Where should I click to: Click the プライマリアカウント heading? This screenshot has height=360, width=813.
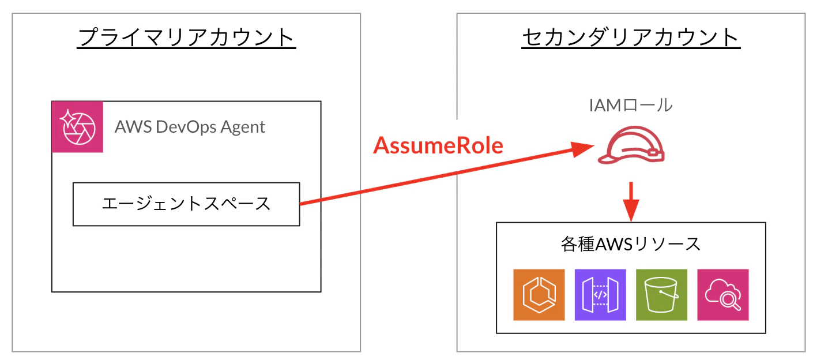(186, 37)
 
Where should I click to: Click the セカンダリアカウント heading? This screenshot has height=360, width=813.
(631, 37)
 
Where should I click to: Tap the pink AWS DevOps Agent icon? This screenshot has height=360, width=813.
(77, 127)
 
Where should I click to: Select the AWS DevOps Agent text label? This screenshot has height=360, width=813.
(190, 127)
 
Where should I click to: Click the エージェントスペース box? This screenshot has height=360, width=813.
(186, 204)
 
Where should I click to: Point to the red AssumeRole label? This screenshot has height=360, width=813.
(438, 145)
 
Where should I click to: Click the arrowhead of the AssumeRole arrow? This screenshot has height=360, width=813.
(583, 149)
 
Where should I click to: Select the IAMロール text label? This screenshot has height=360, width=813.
(631, 106)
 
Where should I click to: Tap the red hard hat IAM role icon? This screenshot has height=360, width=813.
(631, 145)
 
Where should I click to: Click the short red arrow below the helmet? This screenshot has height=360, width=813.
(631, 201)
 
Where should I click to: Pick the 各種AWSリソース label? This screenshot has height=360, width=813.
(631, 244)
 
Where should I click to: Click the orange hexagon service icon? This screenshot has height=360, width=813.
(539, 295)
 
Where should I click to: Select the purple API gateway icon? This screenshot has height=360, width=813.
(600, 295)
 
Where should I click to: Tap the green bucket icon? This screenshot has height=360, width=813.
(662, 295)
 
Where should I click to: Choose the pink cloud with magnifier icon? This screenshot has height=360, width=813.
(723, 295)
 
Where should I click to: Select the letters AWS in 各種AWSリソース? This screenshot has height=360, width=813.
(614, 245)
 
